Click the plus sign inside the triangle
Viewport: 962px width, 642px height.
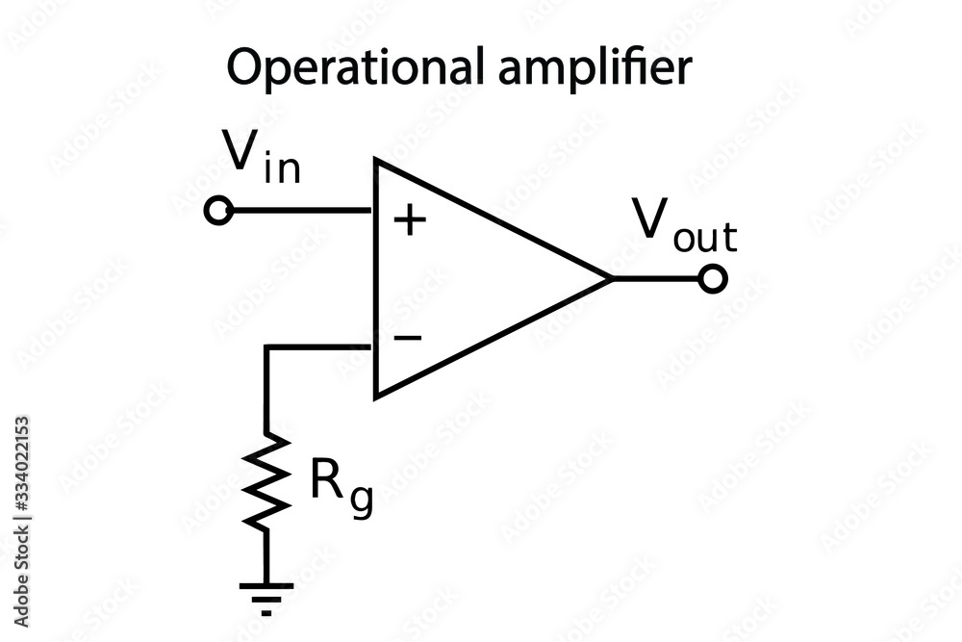(x=410, y=221)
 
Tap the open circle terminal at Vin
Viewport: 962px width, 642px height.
(x=219, y=211)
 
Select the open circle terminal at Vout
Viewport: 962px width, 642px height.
(x=713, y=279)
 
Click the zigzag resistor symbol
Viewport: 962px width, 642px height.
(x=266, y=481)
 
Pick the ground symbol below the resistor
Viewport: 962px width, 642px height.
(x=266, y=594)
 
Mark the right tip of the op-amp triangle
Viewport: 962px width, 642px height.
(x=610, y=279)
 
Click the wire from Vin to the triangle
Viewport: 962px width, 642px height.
(x=298, y=211)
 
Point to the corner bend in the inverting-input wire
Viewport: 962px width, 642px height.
(x=266, y=347)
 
